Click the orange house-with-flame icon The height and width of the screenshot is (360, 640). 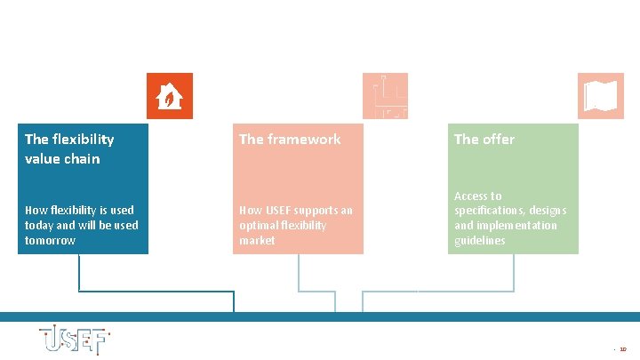click(169, 95)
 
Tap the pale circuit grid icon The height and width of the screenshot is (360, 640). click(385, 95)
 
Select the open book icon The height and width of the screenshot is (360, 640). click(600, 95)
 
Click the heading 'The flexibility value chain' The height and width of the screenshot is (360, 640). click(69, 148)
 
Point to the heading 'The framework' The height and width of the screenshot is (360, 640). click(290, 139)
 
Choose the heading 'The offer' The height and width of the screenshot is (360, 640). click(484, 139)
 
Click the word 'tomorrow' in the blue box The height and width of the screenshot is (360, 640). click(51, 241)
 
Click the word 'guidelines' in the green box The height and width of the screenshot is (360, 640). click(480, 241)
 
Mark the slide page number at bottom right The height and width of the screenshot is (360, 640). click(622, 349)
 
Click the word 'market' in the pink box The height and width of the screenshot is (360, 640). click(257, 241)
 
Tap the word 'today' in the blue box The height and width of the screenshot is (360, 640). click(39, 226)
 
